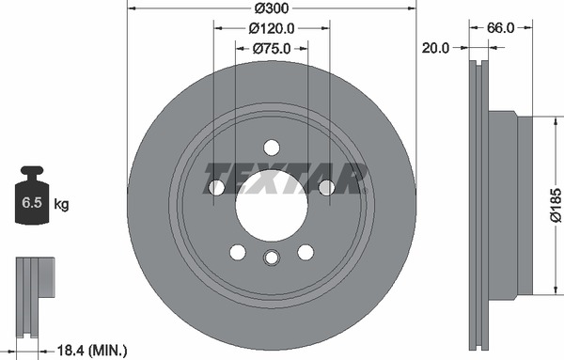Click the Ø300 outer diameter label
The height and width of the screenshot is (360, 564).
pos(271,8)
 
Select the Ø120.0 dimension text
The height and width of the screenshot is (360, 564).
pos(272,28)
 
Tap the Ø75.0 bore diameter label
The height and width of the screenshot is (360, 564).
pos(272,48)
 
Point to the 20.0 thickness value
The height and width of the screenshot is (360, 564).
pos(433,46)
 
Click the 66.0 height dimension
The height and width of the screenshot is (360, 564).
pos(500,28)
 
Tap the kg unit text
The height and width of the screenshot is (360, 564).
pos(61,204)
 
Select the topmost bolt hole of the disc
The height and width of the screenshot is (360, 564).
pos(272,148)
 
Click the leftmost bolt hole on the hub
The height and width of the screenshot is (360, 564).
pos(216,188)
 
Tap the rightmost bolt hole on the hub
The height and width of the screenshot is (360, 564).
pos(327,188)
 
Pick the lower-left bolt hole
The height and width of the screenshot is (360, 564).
pos(238,252)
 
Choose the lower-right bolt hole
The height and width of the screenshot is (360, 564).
pos(305,252)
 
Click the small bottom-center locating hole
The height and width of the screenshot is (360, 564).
pos(272,258)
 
